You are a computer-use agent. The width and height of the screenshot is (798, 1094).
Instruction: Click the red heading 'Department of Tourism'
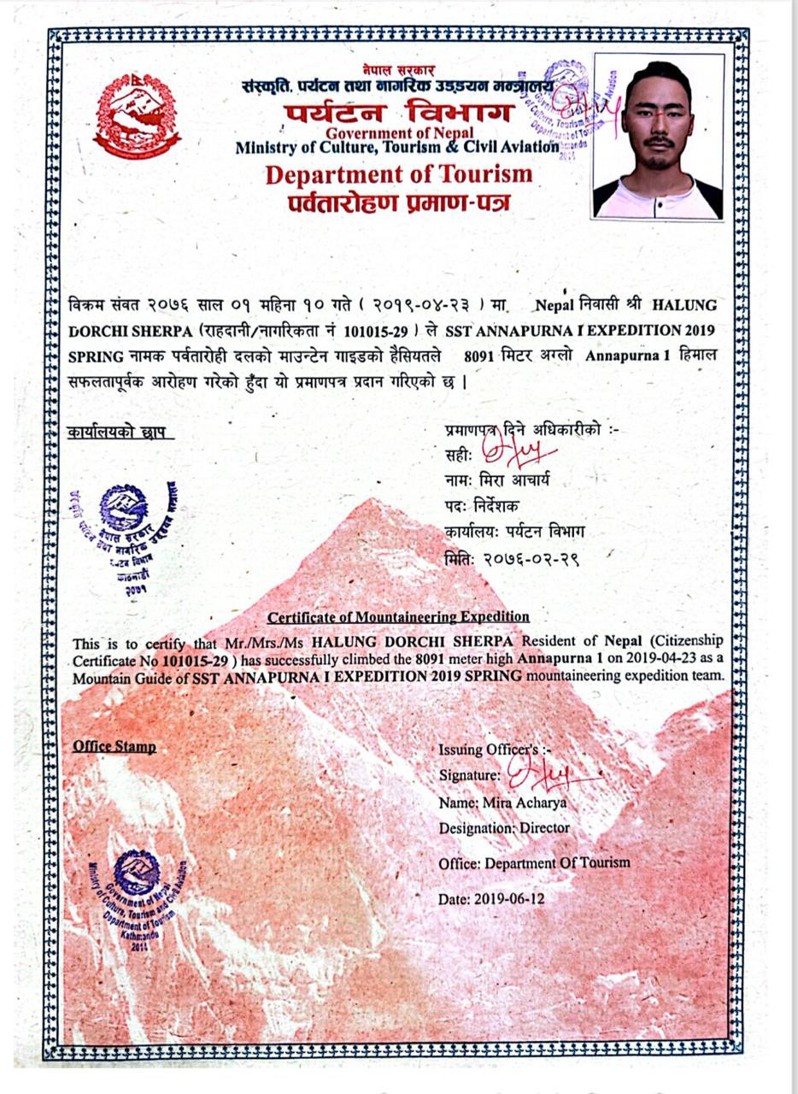pyautogui.click(x=398, y=174)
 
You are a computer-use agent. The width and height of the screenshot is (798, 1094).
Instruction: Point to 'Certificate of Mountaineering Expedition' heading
pyautogui.click(x=398, y=616)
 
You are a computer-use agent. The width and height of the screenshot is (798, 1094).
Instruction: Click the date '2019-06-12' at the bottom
pyautogui.click(x=491, y=898)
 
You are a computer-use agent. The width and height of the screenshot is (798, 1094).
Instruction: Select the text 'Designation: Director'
pyautogui.click(x=503, y=828)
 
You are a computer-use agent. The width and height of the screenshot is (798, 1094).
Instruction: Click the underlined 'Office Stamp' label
pyautogui.click(x=114, y=746)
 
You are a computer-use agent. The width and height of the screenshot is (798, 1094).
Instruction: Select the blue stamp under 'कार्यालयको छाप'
pyautogui.click(x=128, y=531)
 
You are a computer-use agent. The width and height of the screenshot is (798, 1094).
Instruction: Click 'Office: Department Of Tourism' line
pyautogui.click(x=534, y=863)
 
